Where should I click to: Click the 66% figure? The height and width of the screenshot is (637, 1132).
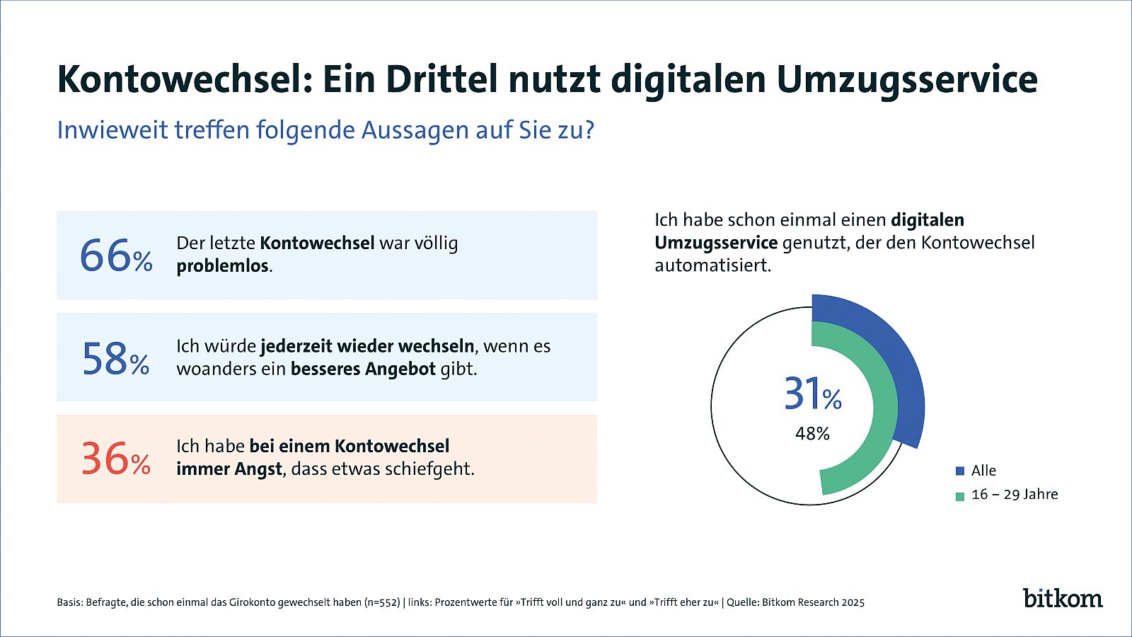click(x=116, y=256)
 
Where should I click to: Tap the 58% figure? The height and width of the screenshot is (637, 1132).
click(x=116, y=358)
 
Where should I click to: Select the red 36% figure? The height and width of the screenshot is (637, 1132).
click(x=116, y=459)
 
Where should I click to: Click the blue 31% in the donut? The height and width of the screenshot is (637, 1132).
click(x=813, y=394)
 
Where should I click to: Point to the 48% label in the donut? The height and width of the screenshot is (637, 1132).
click(x=812, y=433)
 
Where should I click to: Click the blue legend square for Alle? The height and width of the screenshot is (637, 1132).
click(x=960, y=471)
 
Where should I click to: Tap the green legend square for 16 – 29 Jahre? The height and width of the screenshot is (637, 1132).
click(x=960, y=496)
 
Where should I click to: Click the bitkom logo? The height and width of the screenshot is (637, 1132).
click(x=1063, y=598)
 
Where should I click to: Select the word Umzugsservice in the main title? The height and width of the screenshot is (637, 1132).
click(x=907, y=81)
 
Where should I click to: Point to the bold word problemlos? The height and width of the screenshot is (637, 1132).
click(x=222, y=266)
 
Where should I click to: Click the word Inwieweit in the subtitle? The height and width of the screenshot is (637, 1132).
click(x=112, y=130)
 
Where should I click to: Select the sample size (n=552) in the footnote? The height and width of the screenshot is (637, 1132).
click(x=382, y=602)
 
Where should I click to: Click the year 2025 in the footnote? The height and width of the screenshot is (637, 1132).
click(x=853, y=602)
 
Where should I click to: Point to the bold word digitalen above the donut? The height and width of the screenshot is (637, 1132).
click(x=928, y=220)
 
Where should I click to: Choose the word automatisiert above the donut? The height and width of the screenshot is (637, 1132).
click(x=712, y=265)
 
